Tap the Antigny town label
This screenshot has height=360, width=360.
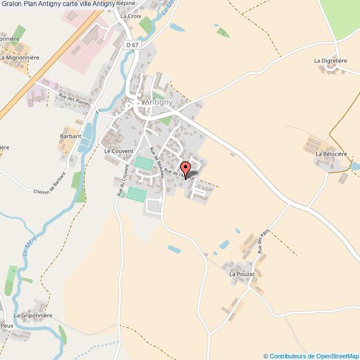pyautogui.click(x=158, y=102)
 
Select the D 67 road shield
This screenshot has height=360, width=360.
pyautogui.click(x=132, y=45)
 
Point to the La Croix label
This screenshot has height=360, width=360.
pyautogui.click(x=131, y=16)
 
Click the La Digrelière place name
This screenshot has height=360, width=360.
pyautogui.click(x=330, y=61)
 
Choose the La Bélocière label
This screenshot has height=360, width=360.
pyautogui.click(x=331, y=153)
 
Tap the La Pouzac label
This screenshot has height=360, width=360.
pyautogui.click(x=243, y=274)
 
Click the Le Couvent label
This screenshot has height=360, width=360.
pyautogui.click(x=119, y=151)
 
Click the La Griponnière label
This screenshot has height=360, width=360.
pyautogui.click(x=33, y=315)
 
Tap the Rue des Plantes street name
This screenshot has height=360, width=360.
pyautogui.click(x=73, y=103)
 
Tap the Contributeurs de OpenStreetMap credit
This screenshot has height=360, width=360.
pyautogui.click(x=311, y=356)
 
